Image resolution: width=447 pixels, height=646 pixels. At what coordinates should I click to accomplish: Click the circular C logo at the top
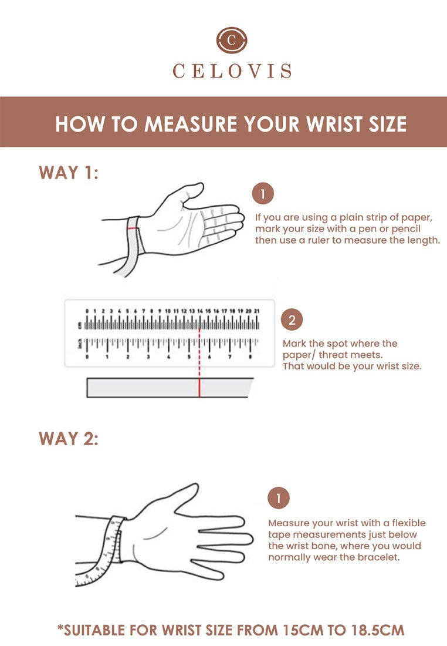[232, 40]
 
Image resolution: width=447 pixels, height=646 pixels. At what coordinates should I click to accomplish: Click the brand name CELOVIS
[232, 71]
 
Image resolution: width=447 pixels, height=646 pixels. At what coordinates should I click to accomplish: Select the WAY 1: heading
[69, 173]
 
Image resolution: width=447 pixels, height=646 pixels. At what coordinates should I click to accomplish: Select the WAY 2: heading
[69, 439]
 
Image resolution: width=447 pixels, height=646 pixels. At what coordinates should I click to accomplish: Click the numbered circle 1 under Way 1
[263, 193]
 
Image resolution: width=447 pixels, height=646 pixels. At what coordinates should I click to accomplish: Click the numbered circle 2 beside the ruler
[292, 319]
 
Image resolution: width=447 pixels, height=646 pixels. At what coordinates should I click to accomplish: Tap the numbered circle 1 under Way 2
[279, 498]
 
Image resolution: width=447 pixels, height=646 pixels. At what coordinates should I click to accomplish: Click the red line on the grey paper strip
[199, 387]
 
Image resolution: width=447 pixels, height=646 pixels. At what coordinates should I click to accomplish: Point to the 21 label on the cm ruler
[257, 311]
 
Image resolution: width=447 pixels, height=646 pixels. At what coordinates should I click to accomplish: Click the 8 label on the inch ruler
[250, 357]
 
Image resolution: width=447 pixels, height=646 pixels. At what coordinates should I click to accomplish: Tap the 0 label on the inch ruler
[87, 357]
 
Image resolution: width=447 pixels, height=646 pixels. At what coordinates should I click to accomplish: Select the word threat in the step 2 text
[333, 355]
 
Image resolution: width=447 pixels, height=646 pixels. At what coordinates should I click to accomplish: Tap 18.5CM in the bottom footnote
[378, 630]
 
